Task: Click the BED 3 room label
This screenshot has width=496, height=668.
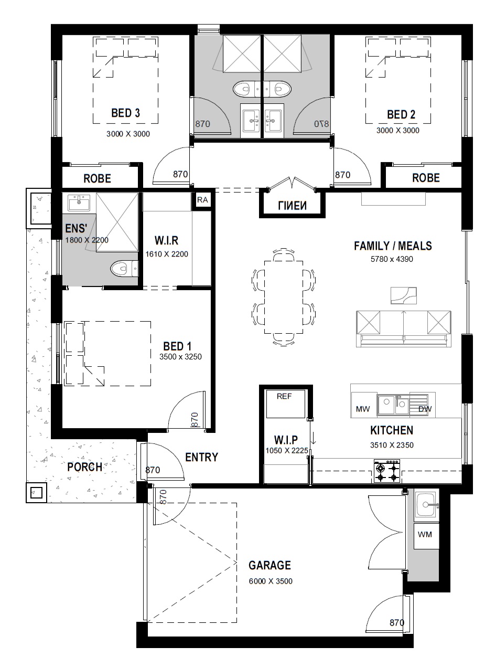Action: pos(125,113)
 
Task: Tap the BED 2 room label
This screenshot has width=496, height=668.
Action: pos(401,114)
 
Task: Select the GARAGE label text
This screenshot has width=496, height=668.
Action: pos(269,565)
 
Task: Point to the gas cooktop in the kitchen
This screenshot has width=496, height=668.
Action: pos(387,471)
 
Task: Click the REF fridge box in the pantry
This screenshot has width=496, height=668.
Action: pos(285,404)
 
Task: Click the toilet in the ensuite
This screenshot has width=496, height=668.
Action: pos(124,268)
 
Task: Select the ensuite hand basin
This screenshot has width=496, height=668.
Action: pos(79,203)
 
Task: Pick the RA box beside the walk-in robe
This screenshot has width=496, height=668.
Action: pos(202,200)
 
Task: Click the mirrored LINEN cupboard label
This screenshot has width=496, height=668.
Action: pos(292,206)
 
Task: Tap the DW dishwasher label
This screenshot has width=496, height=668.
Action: pos(425,409)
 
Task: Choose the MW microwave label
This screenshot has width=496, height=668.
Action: pos(363,409)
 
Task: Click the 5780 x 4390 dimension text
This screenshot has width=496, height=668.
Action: pos(392,259)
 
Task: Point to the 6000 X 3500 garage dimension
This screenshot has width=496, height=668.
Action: pos(271,581)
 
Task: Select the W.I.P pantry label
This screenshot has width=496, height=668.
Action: pos(286,440)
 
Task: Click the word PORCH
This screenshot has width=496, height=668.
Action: pos(84,467)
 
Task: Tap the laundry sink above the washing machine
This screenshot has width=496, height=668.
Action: pos(426,505)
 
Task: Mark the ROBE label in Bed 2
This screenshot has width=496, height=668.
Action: pos(426,178)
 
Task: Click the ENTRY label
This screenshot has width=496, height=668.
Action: pos(201,457)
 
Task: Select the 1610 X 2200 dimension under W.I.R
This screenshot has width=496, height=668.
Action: pos(167,254)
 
